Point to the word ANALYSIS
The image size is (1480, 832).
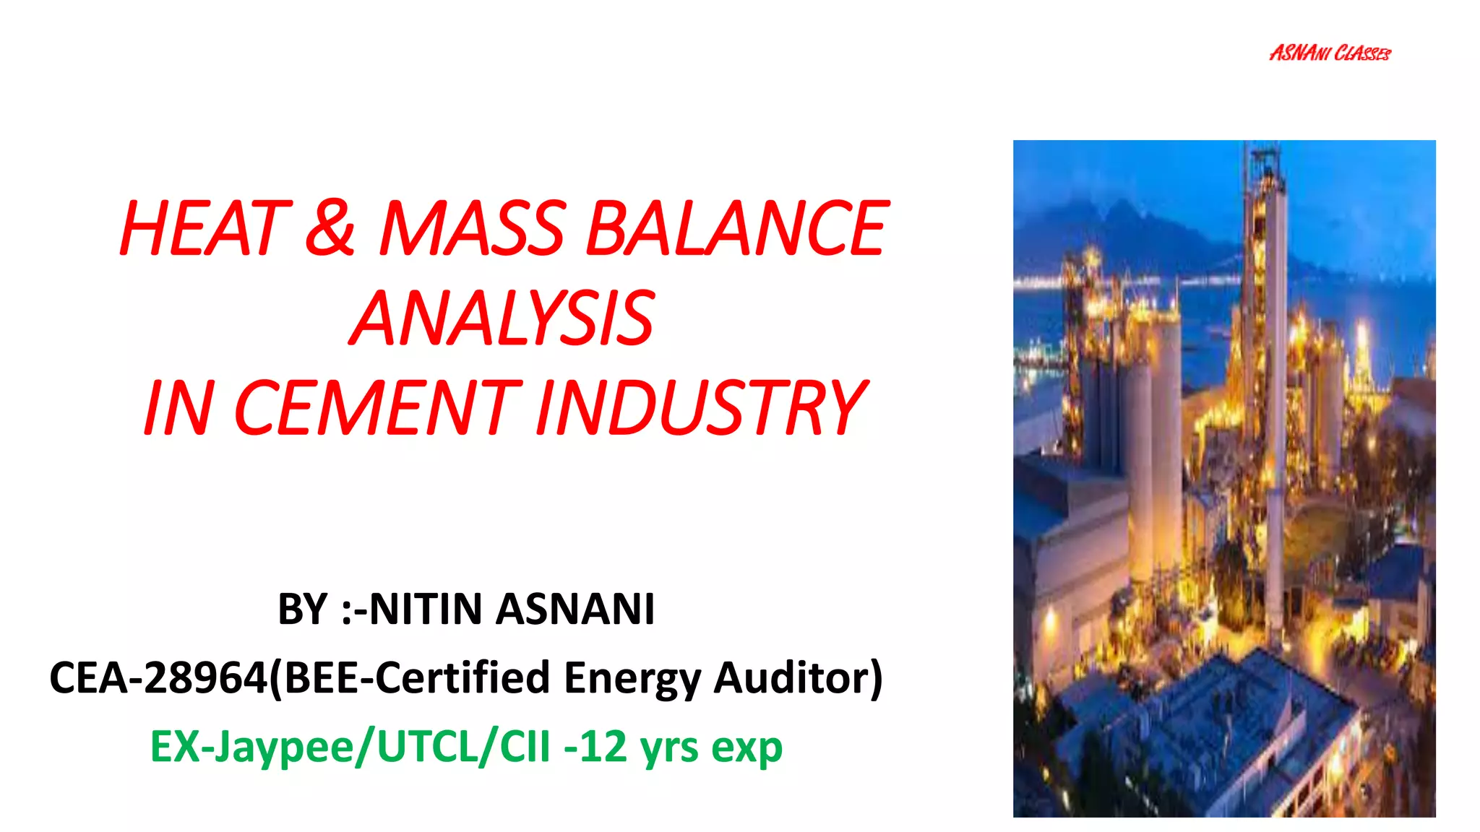(503, 318)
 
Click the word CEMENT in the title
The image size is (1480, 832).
(376, 408)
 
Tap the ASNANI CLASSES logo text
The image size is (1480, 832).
(1330, 53)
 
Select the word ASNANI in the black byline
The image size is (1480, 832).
(575, 609)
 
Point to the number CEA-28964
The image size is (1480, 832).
(159, 677)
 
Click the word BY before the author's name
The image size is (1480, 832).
(302, 609)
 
